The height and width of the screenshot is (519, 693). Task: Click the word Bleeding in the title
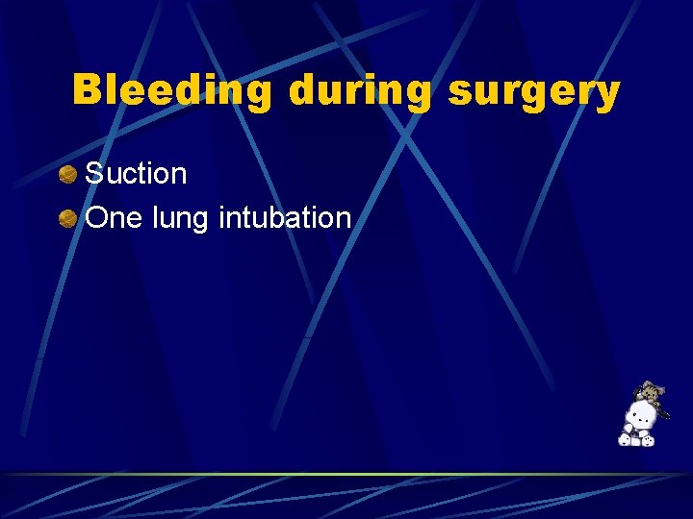coord(174,90)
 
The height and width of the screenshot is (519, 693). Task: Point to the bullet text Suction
coord(136,174)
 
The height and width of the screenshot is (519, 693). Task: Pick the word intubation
coord(285,218)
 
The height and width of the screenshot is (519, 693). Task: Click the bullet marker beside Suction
coord(67,175)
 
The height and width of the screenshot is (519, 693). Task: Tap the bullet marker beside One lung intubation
coord(67,219)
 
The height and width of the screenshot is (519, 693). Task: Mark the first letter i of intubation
coord(222,217)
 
